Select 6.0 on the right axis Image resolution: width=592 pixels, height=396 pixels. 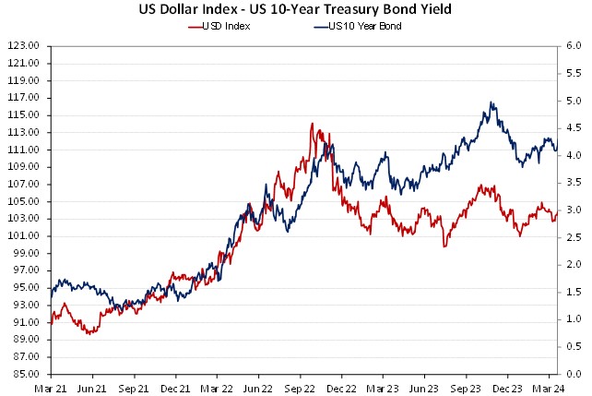point(573,45)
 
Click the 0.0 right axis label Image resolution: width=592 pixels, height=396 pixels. point(573,374)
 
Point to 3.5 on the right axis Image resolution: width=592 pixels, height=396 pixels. point(573,182)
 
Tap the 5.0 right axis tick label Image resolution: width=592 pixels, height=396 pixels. point(573,100)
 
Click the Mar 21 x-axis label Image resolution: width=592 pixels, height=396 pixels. point(52,389)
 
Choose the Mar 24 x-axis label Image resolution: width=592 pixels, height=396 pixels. point(548,389)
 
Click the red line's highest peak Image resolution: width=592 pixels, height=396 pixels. point(312,124)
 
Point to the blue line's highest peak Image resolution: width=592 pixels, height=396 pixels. point(492,102)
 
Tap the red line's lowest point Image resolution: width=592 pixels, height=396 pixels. point(89,333)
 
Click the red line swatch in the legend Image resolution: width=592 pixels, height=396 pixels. point(195,26)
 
